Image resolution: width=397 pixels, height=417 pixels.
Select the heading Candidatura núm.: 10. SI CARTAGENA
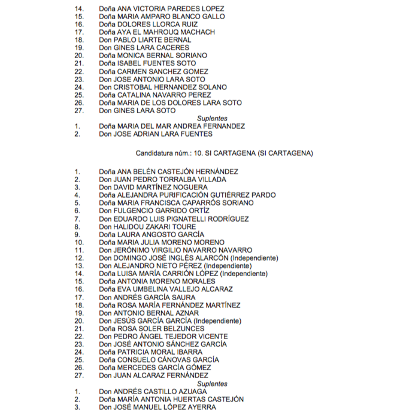point(225,153)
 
